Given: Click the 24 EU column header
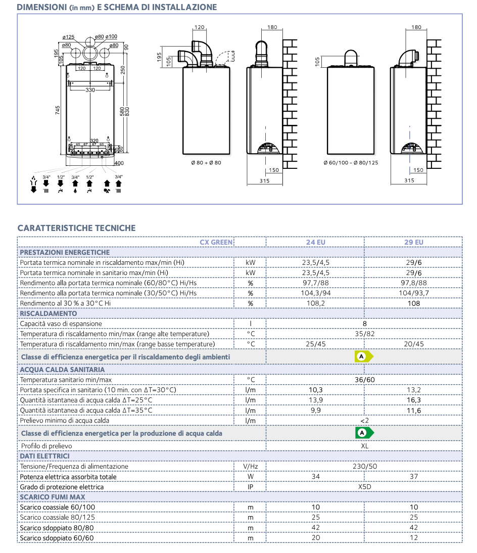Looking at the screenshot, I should click(315, 242).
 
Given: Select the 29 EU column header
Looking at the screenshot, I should click(414, 242).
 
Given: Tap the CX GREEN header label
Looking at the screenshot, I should click(216, 242).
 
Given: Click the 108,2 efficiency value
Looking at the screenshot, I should click(315, 303).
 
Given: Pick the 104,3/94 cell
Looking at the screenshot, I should click(315, 293).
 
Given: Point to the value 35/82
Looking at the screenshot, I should click(364, 334).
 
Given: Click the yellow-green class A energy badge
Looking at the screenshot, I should click(363, 356).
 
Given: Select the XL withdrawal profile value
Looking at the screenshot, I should click(364, 446).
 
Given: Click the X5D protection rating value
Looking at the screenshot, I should click(364, 487).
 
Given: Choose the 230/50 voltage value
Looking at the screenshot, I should click(364, 467).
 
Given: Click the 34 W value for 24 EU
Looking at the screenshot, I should click(315, 477).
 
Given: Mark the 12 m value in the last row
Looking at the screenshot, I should click(414, 538).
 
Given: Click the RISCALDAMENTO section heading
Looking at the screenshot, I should click(49, 313).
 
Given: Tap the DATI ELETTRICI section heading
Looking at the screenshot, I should click(44, 456).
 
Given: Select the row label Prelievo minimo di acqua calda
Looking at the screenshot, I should click(64, 420).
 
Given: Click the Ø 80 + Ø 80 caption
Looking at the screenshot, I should click(206, 163).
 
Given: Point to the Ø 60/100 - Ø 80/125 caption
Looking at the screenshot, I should click(351, 163).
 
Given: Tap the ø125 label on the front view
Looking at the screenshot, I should click(68, 37).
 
